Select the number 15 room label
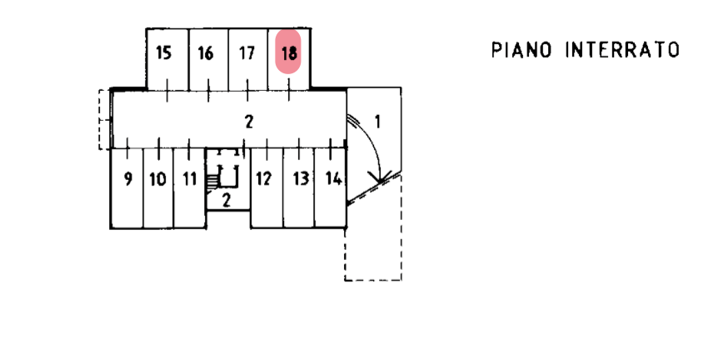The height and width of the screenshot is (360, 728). [x=164, y=52]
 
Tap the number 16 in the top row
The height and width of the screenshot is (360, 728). [x=206, y=53]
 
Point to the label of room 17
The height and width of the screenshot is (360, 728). [x=247, y=53]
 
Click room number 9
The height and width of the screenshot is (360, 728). [x=127, y=178]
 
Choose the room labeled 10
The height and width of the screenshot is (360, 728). [x=157, y=178]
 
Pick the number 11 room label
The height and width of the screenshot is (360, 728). [x=190, y=178]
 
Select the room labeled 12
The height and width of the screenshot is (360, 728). [x=264, y=178]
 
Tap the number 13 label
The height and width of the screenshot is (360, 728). [x=302, y=178]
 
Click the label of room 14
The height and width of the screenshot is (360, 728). [x=333, y=177]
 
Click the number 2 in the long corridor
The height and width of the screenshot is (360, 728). [x=248, y=120]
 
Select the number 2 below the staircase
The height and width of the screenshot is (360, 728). [x=226, y=198]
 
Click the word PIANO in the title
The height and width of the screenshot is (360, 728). [x=522, y=50]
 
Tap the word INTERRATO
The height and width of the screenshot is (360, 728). [x=623, y=50]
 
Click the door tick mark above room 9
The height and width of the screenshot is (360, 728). [x=127, y=148]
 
